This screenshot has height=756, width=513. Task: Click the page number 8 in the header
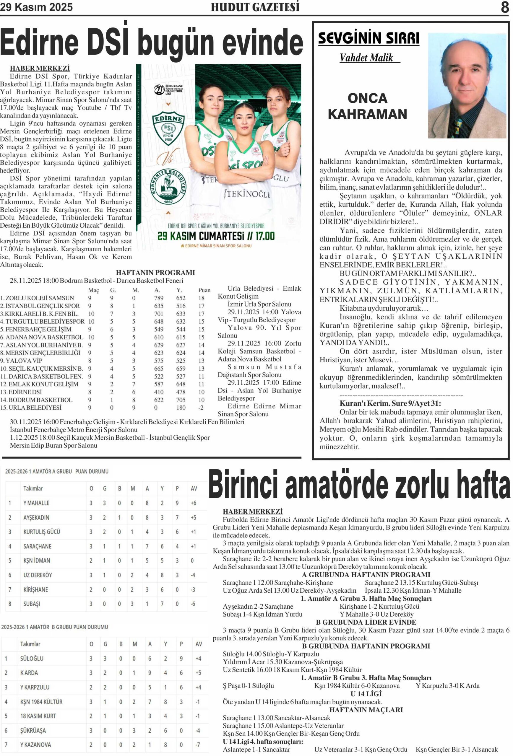pos(504,7)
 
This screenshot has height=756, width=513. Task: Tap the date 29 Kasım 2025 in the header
pos(36,7)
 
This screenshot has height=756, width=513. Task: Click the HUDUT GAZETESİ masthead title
pos(255,7)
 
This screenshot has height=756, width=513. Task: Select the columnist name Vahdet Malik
pos(366,58)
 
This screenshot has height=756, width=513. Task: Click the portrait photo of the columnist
pos(467,85)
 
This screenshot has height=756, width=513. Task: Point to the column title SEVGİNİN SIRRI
pos(368,38)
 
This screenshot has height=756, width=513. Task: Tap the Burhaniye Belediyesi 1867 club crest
pos(168,186)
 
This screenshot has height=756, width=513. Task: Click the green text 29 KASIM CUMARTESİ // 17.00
pos(216,236)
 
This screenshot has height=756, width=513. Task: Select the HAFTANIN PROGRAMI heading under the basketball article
pos(155,273)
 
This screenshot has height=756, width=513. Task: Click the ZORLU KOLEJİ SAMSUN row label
pos(38,298)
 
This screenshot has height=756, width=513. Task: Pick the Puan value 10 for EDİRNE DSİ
pos(202,392)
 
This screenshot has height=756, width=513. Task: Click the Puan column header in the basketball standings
pos(204,290)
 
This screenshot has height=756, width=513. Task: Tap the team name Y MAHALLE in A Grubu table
pos(36,503)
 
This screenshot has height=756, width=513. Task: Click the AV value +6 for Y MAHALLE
pos(193,503)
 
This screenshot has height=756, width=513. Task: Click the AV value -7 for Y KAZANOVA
pos(198,744)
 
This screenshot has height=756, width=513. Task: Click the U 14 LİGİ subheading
pos(366,694)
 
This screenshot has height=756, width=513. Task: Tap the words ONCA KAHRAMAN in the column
pos(368,106)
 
